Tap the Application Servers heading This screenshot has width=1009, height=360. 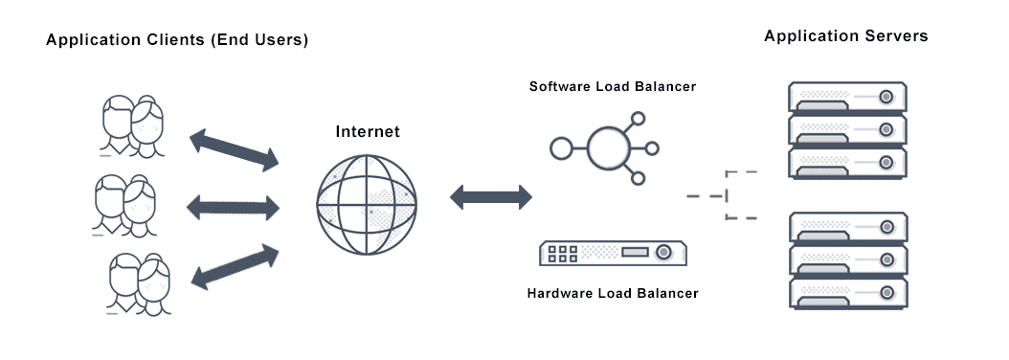pos(846,36)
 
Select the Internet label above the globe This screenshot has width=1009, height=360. pos(368,131)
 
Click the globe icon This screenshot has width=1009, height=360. pos(369,203)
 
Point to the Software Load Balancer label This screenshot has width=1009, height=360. pos(613,87)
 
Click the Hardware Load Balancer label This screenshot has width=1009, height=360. pos(613,293)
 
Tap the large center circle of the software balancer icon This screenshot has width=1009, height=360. pos(612,147)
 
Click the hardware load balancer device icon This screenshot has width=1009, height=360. pos(613,252)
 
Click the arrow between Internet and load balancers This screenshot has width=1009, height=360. pos(491,198)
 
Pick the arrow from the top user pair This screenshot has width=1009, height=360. pos(234,149)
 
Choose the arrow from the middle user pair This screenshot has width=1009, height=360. pos(234,205)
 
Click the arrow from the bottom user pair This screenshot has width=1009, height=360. pos(234,265)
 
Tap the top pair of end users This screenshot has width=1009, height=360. pos(132,125)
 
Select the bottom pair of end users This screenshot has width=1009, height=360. pos(139,283)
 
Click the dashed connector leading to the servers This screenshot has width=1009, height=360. pos(727,195)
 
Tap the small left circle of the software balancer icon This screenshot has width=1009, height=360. pos(560,148)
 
